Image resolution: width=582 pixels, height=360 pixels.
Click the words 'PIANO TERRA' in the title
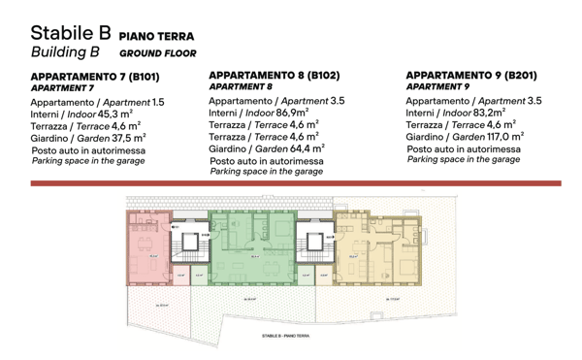[163, 36]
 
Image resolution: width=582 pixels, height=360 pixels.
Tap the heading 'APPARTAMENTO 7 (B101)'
[95, 77]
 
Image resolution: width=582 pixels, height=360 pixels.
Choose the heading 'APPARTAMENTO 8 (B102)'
[275, 75]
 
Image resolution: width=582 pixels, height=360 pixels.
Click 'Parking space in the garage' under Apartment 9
[463, 160]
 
